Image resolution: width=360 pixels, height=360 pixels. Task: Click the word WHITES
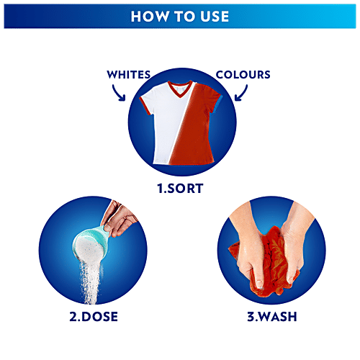click(130, 74)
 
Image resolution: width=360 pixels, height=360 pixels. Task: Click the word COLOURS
click(243, 74)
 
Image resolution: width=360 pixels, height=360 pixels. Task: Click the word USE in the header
click(214, 15)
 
